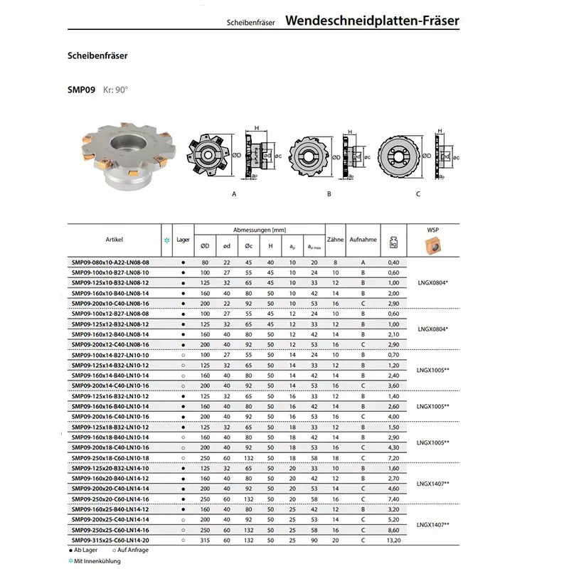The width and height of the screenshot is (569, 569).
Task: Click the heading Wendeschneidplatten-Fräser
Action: [372, 21]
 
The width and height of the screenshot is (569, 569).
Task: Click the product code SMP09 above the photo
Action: [80, 90]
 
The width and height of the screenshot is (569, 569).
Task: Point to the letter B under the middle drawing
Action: [329, 193]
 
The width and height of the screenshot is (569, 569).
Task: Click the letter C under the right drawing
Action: [418, 193]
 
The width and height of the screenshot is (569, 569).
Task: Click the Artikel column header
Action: [115, 240]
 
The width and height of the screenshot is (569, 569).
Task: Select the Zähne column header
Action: [335, 240]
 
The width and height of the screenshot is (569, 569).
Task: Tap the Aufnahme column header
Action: [363, 240]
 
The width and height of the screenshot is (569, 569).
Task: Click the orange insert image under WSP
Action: [433, 246]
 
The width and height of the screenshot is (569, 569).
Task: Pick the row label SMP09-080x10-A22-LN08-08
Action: [115, 262]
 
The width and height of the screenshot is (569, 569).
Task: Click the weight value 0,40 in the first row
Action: [393, 262]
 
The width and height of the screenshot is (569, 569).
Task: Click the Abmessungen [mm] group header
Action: [259, 229]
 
